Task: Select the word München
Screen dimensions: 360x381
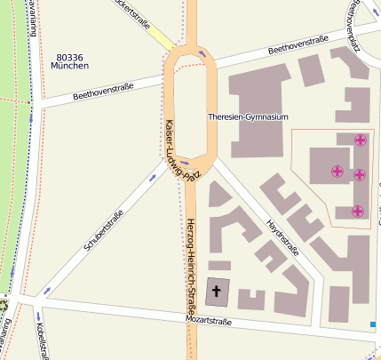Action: click(69, 66)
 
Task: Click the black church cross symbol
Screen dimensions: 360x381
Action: click(217, 291)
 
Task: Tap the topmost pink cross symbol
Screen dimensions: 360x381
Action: click(360, 140)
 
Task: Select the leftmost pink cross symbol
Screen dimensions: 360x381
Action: click(337, 171)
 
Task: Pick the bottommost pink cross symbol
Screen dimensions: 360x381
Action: click(357, 211)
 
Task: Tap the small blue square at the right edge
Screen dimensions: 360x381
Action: click(373, 324)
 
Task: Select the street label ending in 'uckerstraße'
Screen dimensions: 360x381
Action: click(133, 12)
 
